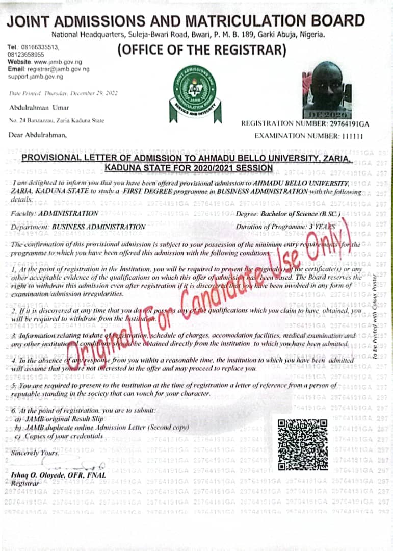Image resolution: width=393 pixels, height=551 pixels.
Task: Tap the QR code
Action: pyautogui.click(x=303, y=444)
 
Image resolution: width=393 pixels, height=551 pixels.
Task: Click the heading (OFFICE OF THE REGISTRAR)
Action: pyautogui.click(x=202, y=51)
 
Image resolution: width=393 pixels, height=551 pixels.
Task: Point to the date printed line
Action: pyautogui.click(x=63, y=93)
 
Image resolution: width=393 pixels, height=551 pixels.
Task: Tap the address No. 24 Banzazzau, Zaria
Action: pyautogui.click(x=57, y=121)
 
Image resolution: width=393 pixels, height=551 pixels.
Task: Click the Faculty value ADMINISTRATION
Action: pyautogui.click(x=68, y=213)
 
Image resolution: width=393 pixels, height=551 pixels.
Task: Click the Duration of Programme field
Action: pyautogui.click(x=285, y=226)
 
